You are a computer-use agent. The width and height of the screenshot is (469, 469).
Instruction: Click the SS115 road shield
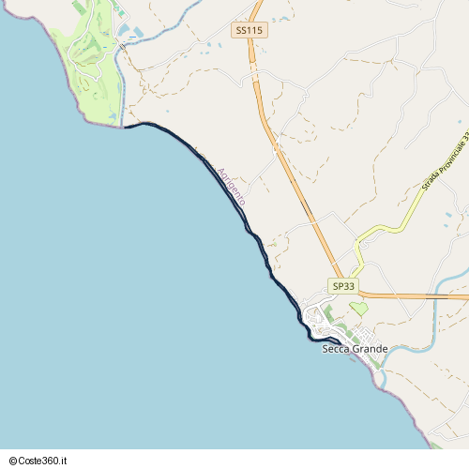pos(250,30)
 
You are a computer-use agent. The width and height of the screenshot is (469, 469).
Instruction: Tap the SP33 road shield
pos(343,285)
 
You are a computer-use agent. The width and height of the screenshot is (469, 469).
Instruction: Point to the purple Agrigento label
pos(231,186)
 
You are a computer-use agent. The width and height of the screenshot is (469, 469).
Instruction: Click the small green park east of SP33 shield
pos(358,308)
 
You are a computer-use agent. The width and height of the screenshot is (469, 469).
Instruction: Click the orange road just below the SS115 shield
pos(253,66)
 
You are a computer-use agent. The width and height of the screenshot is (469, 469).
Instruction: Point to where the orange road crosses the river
pos(437,296)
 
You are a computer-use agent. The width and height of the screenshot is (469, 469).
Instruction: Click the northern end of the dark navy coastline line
pos(127,126)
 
